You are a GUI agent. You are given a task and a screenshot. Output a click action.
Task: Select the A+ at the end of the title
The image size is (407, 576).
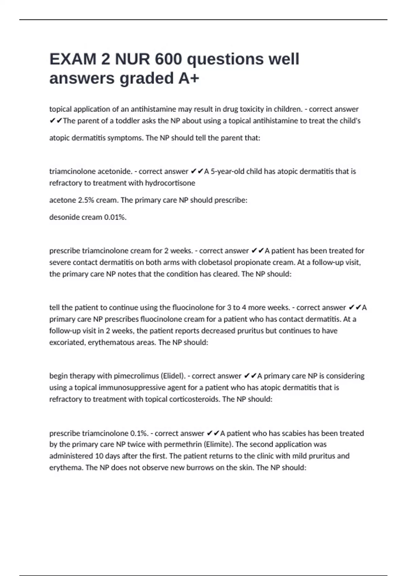click(x=189, y=78)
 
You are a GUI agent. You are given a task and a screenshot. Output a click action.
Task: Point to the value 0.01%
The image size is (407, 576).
click(x=115, y=217)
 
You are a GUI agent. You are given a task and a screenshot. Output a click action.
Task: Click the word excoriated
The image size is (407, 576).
click(x=66, y=342)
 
